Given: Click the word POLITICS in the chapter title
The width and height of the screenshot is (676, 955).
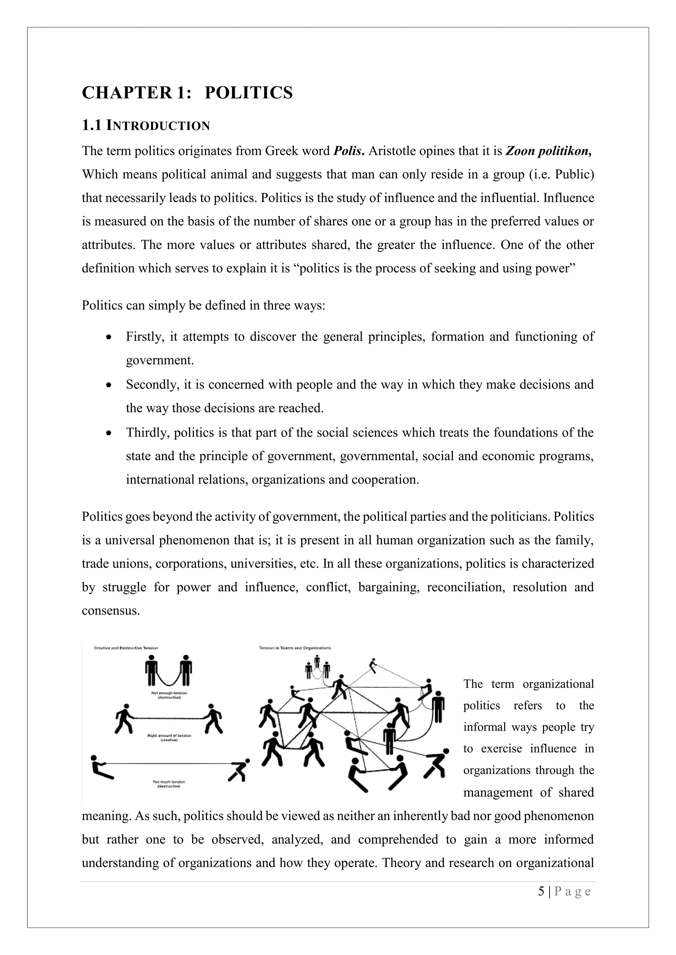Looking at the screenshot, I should pyautogui.click(x=249, y=92).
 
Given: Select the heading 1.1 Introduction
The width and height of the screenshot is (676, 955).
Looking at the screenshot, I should pyautogui.click(x=146, y=125).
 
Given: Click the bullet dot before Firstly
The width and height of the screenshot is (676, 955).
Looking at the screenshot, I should pyautogui.click(x=109, y=337).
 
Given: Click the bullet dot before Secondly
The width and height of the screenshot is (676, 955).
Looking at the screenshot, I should pyautogui.click(x=109, y=385).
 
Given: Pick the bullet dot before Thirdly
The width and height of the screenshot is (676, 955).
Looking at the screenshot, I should pyautogui.click(x=109, y=433).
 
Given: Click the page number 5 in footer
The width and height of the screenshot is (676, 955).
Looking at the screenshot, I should pyautogui.click(x=541, y=891).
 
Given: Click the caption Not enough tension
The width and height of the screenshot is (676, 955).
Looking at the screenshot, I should pyautogui.click(x=169, y=693).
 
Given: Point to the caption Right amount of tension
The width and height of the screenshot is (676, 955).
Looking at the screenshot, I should pyautogui.click(x=169, y=736).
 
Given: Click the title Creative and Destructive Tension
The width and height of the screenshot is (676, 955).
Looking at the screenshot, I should pyautogui.click(x=126, y=648).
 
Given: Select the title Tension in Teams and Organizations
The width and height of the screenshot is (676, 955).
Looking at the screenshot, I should pyautogui.click(x=295, y=648).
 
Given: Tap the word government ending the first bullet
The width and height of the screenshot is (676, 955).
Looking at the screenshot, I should pyautogui.click(x=160, y=360).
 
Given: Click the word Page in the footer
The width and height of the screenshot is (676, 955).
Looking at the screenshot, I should pyautogui.click(x=572, y=891).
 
